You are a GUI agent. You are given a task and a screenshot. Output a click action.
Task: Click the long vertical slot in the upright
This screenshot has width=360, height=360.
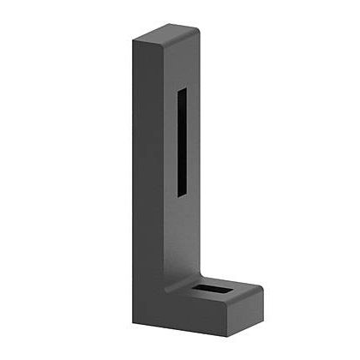click(182, 141)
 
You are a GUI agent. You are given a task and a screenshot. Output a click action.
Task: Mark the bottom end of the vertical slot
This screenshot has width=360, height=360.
click(182, 194)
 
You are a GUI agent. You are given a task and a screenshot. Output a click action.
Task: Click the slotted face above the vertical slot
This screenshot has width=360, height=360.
click(181, 64)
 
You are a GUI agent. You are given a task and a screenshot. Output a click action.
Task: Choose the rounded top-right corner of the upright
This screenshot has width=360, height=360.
click(196, 30)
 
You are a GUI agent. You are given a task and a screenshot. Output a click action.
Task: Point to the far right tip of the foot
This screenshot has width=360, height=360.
click(261, 297)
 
